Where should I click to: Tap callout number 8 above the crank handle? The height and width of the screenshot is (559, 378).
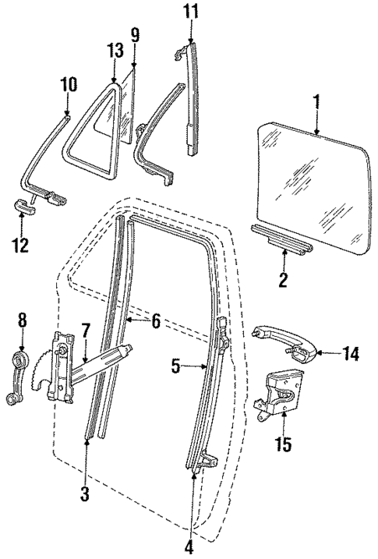[22, 319]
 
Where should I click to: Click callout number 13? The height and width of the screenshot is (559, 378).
[115, 51]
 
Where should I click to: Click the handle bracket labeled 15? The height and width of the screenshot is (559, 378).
[280, 394]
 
